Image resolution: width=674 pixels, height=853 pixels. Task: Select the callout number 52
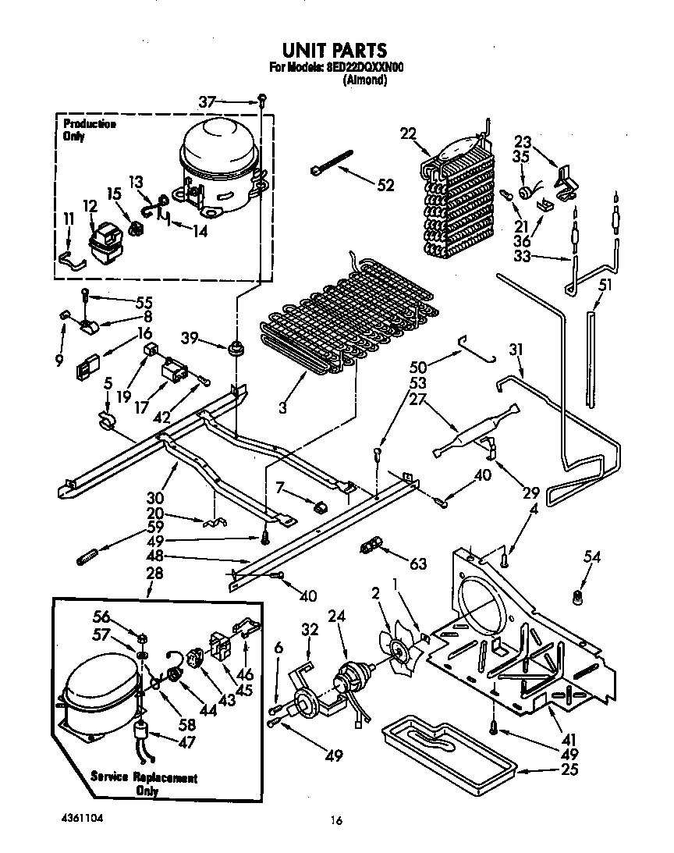coord(385,186)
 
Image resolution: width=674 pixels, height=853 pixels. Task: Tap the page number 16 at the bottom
coord(336,820)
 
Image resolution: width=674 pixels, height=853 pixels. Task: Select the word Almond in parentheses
coord(365,80)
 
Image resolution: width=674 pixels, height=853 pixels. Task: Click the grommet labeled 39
coord(233,347)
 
